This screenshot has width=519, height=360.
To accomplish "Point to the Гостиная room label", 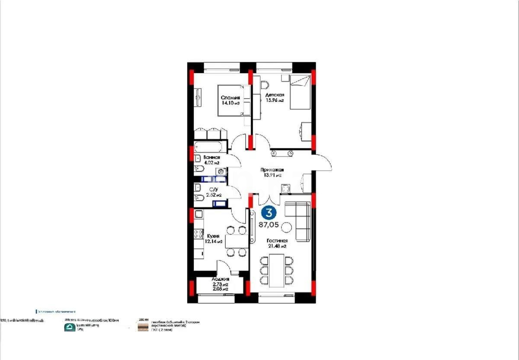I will pos(277,241).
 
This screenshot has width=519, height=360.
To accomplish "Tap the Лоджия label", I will pos(220,280).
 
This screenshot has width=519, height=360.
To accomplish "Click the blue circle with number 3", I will pos(269,213).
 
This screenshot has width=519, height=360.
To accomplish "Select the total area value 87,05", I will pos(269,225).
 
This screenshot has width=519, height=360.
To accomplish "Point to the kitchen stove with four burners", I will pos(199,234).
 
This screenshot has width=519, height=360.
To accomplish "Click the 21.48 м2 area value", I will pos(277,246).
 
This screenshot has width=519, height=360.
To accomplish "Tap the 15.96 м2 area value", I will pos(275,100).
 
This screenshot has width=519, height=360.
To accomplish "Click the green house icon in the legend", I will pos(68,328).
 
